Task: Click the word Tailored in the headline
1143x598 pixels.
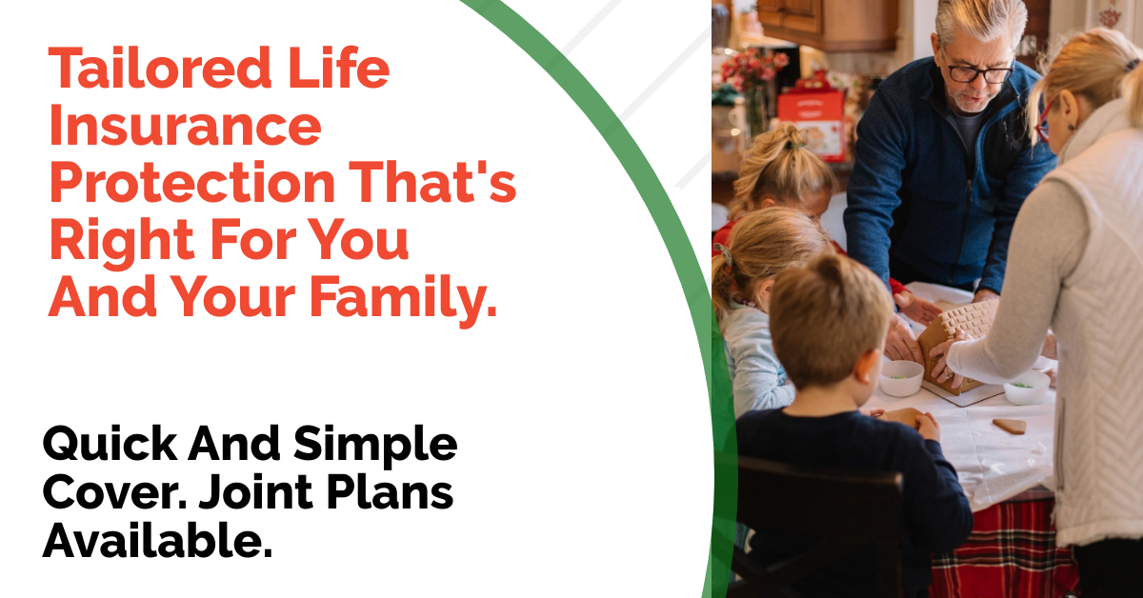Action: point(160,69)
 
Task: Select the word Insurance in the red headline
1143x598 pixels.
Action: point(186,126)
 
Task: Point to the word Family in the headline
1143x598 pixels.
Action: point(403,298)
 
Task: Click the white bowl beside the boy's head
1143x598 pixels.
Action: point(901,378)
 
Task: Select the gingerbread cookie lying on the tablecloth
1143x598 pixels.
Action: point(1010,426)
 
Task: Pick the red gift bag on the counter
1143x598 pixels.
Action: point(812,123)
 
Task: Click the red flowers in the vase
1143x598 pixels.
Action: point(753,69)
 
